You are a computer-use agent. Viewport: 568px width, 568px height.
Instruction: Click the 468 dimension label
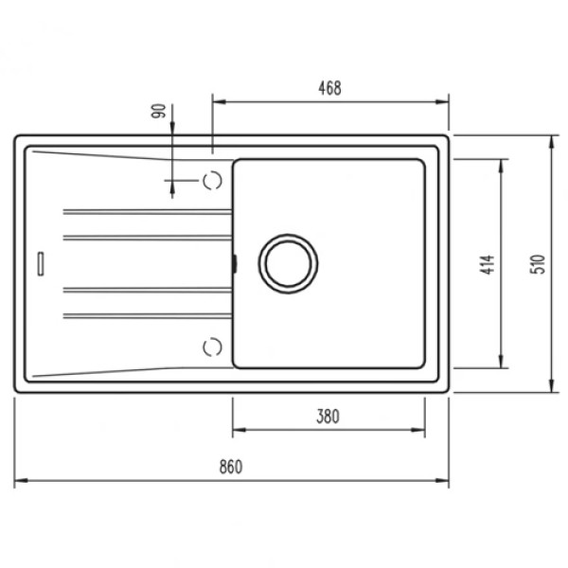tap(329, 88)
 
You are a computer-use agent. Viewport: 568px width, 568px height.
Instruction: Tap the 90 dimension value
tap(159, 111)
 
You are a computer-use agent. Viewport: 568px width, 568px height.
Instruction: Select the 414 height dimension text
tap(488, 264)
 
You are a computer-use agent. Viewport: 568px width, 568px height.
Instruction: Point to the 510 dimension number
tap(539, 264)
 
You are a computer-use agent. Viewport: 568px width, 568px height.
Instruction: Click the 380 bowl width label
tap(328, 417)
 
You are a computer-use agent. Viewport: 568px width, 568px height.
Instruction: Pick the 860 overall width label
tap(231, 467)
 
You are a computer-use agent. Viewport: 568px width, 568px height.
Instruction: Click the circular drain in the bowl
tap(288, 264)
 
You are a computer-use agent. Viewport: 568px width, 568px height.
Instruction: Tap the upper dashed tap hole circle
tap(212, 180)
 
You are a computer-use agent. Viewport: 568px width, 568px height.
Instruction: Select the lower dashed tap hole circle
tap(212, 347)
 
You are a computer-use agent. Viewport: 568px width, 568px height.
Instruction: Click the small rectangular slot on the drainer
tap(41, 264)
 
